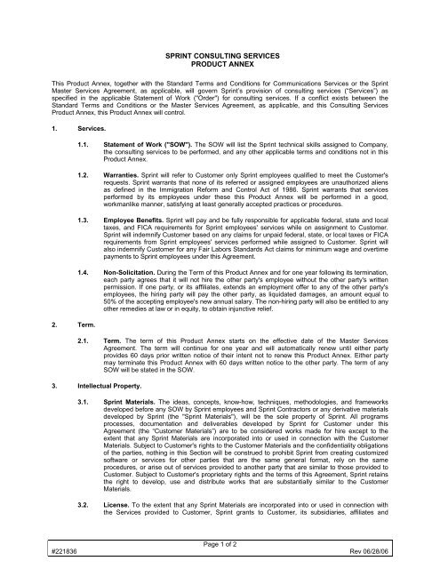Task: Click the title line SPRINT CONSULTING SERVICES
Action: tap(220, 55)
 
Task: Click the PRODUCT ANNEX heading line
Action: tap(220, 65)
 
